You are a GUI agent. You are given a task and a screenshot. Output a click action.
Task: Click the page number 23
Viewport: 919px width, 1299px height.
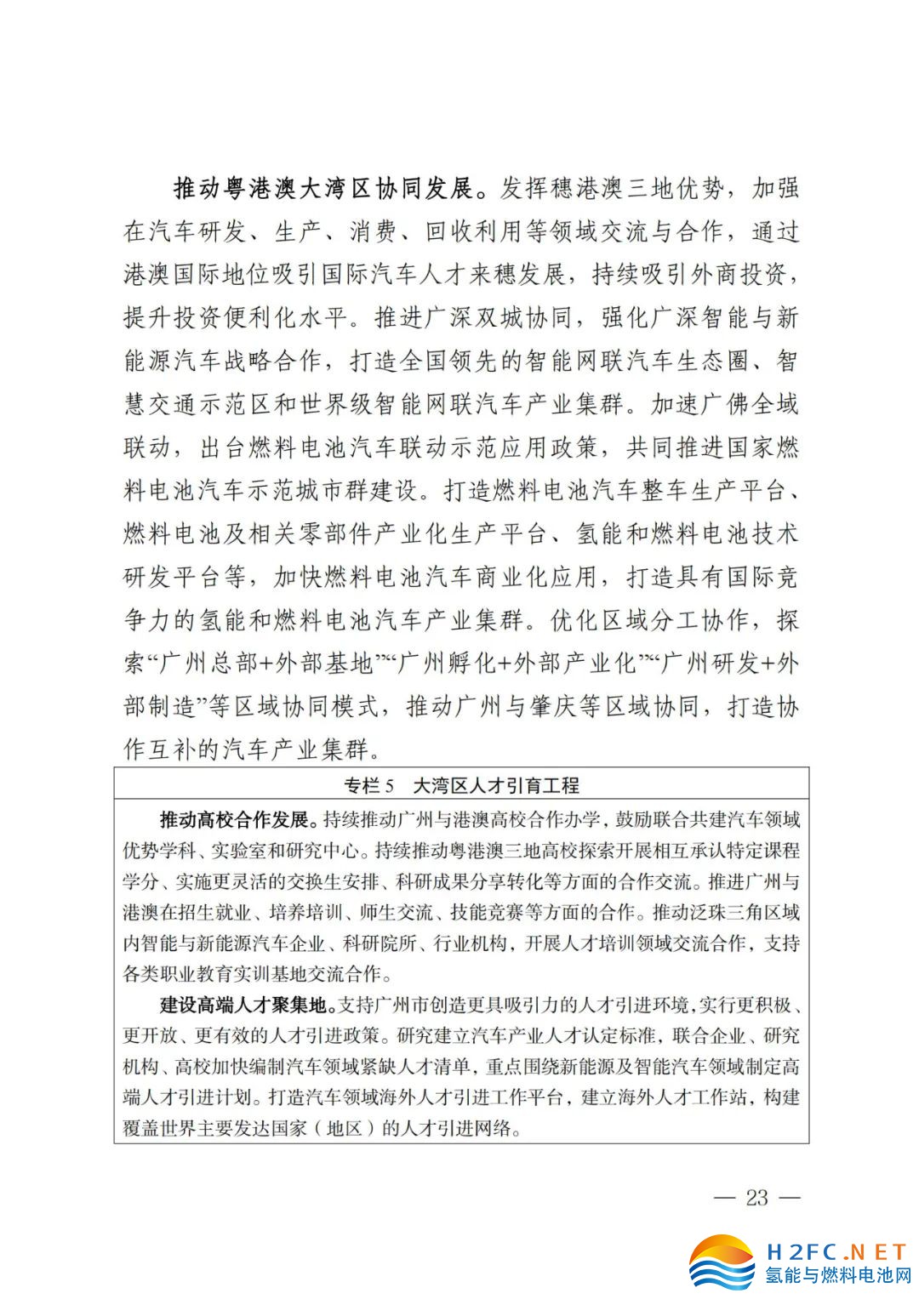[756, 1198]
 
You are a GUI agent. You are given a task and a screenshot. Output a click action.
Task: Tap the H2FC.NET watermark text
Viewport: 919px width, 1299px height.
[836, 1251]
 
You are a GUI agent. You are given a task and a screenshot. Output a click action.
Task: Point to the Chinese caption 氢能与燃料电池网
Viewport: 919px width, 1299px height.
[837, 1276]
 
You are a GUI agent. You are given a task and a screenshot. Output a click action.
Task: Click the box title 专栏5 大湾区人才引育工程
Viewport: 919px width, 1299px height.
[461, 785]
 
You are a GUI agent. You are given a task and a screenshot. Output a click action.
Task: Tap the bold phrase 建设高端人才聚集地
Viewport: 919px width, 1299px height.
[244, 1006]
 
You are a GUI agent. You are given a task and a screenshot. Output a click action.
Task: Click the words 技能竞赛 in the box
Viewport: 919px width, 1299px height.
[485, 913]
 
